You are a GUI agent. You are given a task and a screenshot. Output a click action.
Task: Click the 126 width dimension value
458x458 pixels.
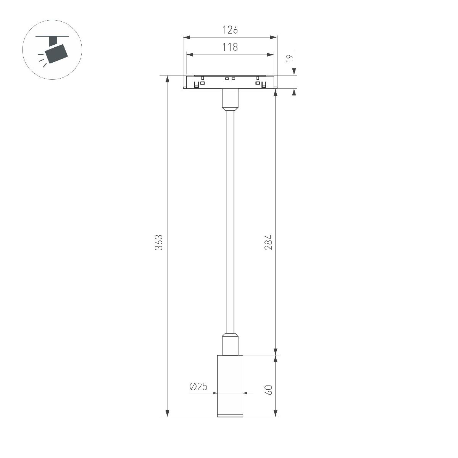230,29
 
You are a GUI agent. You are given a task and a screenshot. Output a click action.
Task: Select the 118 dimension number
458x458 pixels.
230,47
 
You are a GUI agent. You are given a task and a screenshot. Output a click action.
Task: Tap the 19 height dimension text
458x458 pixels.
290,58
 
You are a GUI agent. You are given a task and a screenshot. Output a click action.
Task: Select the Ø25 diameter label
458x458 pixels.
198,387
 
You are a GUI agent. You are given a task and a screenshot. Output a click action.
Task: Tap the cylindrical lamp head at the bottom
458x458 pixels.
230,385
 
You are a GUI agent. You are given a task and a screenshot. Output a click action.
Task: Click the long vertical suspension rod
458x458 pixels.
230,221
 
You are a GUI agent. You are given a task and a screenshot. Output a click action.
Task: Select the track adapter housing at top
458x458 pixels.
230,82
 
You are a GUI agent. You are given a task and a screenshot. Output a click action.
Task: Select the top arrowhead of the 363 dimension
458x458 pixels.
167,79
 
